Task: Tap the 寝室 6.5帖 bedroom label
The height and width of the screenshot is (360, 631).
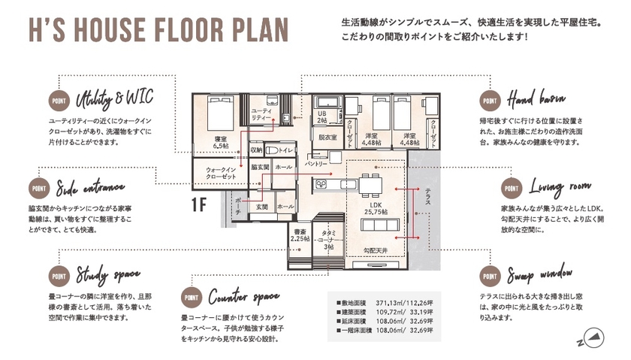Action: click(221, 142)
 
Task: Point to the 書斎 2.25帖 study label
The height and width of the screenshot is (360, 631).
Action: click(300, 234)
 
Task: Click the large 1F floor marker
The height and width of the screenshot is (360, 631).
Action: click(200, 204)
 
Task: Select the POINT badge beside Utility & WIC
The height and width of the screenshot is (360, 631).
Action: click(59, 101)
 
